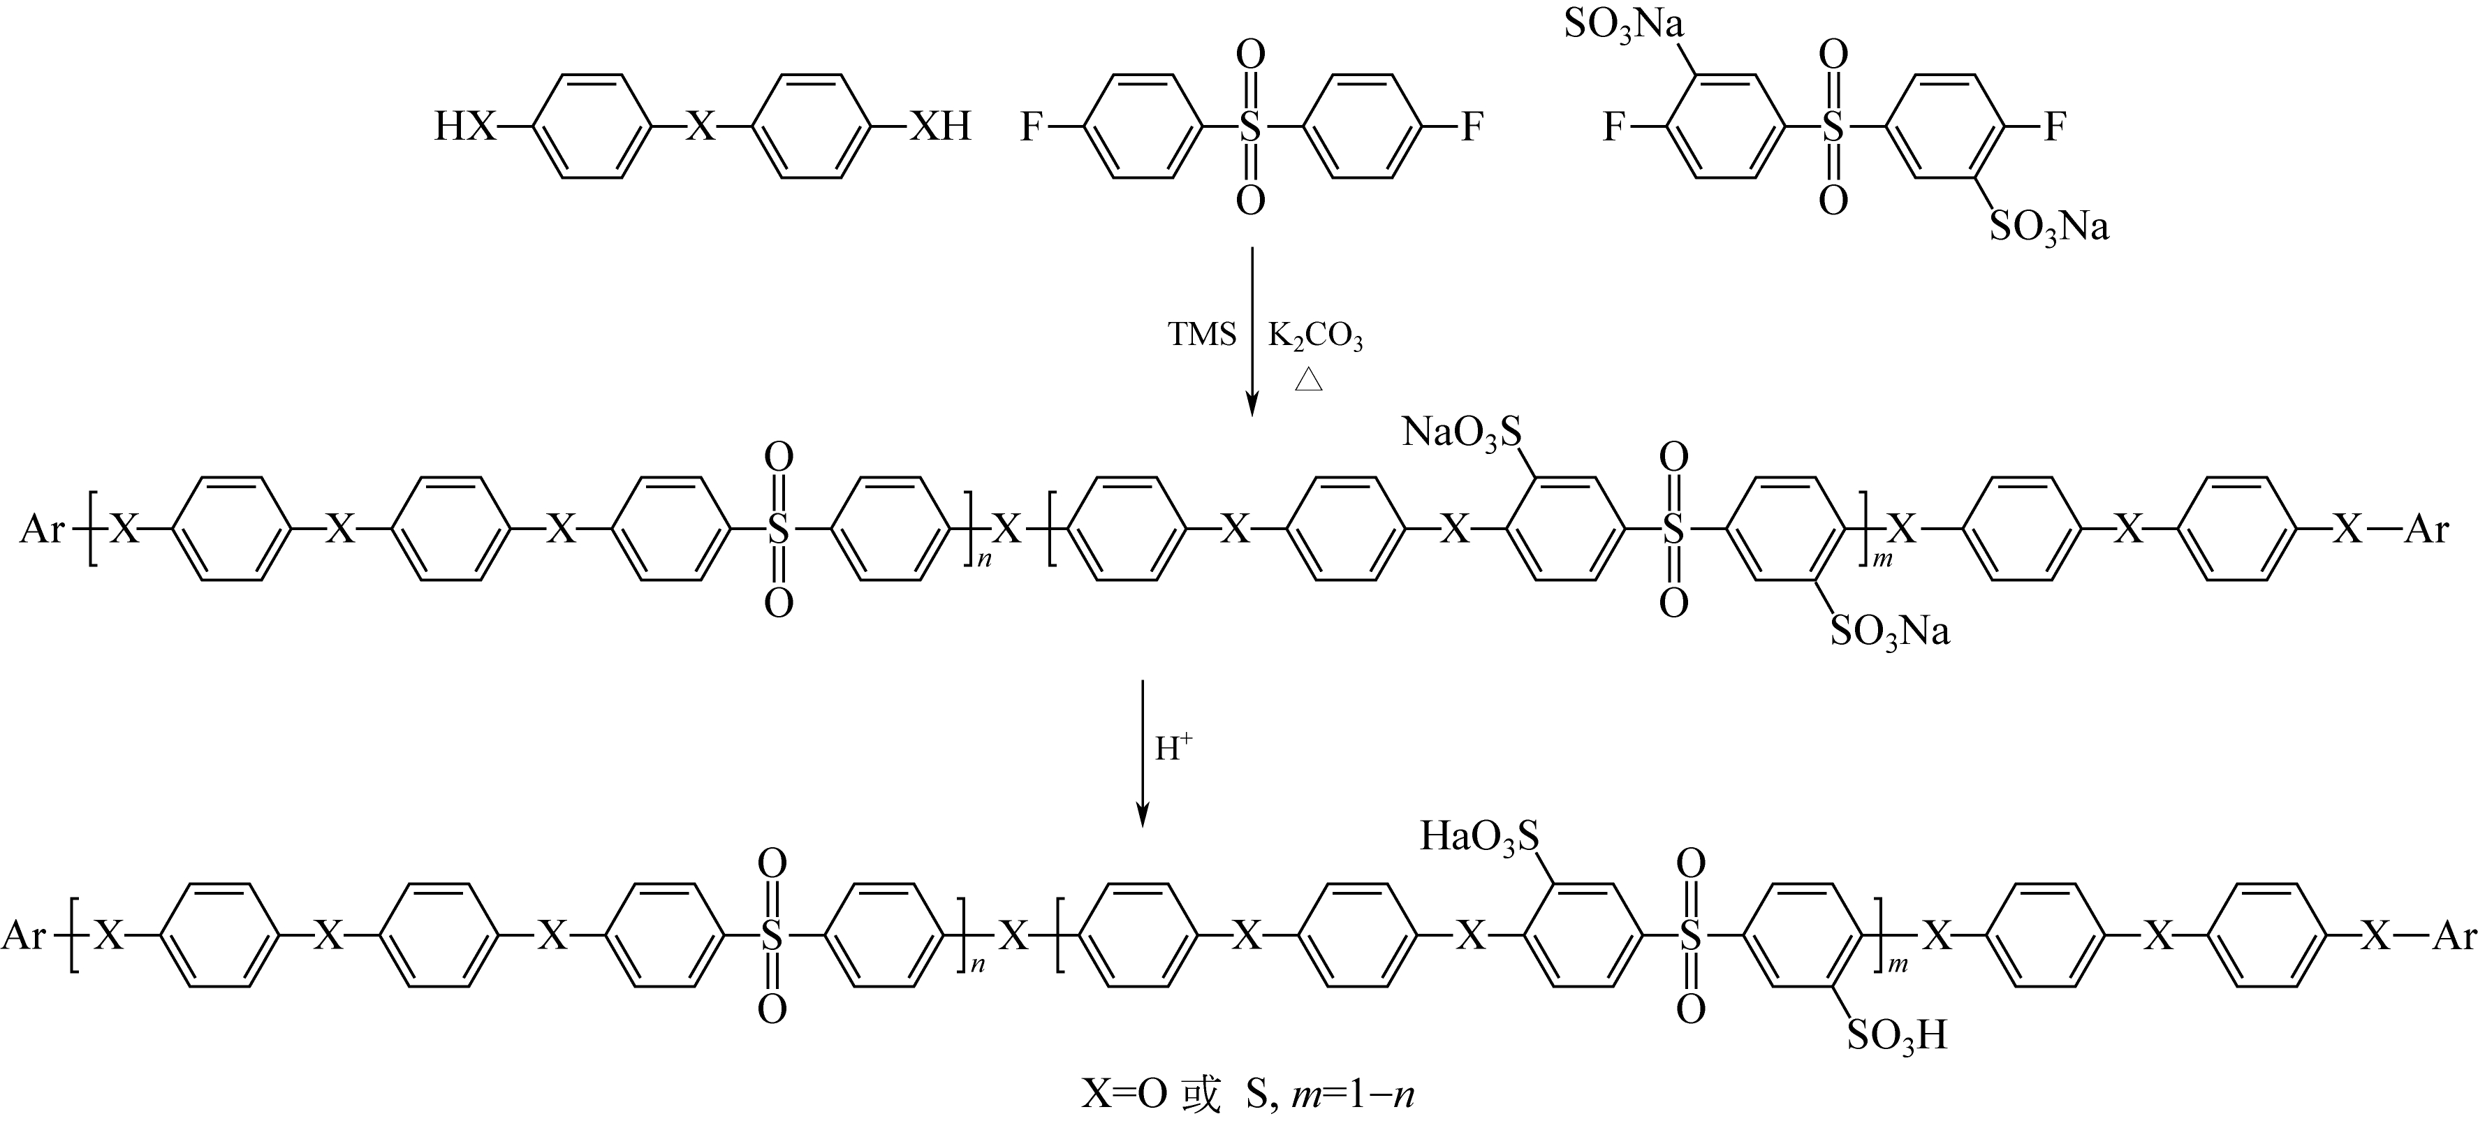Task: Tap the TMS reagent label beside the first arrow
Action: pos(1201,334)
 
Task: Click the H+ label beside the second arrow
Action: pos(1173,747)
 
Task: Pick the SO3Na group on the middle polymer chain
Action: pos(1889,632)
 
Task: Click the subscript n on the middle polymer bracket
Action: pos(984,559)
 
